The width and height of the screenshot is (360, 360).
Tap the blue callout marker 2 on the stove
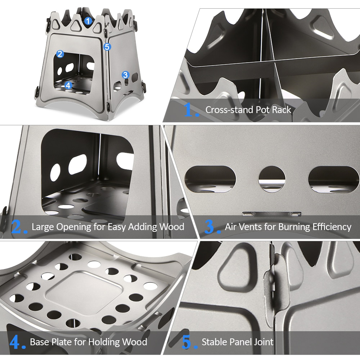coord(60,54)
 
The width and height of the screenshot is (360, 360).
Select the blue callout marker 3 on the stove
coord(125,75)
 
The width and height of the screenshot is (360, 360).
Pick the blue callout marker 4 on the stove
coord(68,85)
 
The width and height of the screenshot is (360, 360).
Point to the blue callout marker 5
coord(107,47)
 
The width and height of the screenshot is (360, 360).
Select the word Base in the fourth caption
coord(39,342)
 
